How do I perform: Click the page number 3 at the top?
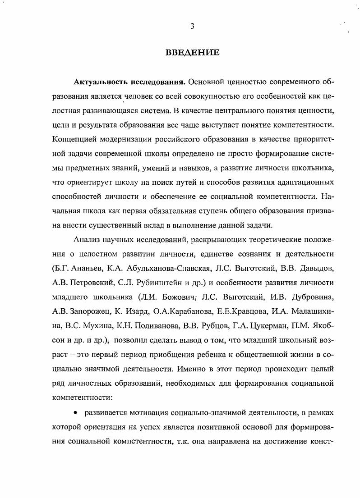[x=192, y=26]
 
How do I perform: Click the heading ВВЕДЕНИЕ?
[x=192, y=53]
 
